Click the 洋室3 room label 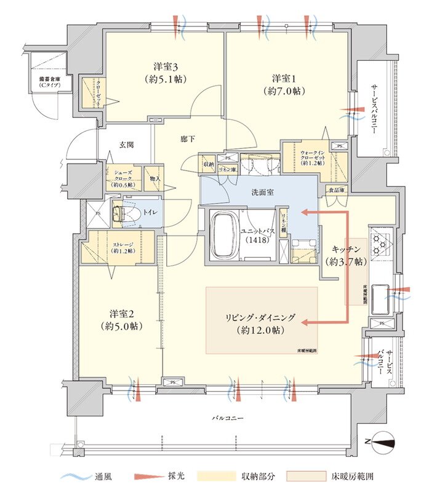pos(166,73)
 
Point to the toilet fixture pos(121,212)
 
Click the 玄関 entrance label pos(126,145)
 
